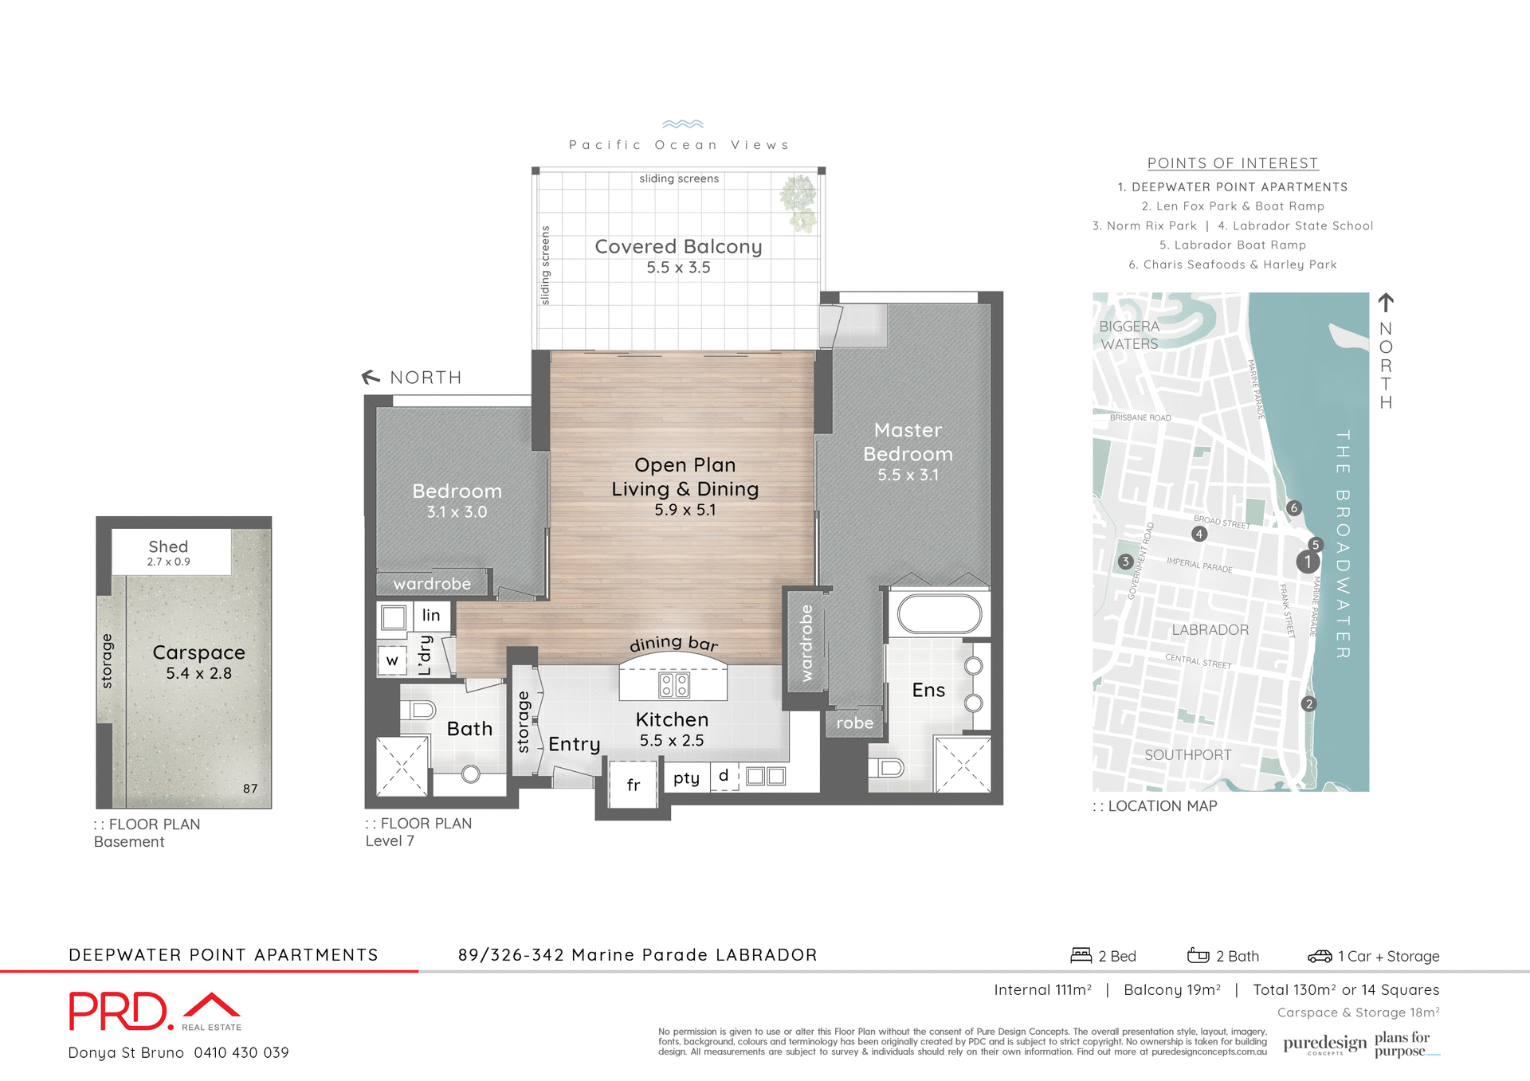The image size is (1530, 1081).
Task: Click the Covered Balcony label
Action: [678, 247]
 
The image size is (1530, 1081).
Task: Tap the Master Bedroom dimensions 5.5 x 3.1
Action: [908, 476]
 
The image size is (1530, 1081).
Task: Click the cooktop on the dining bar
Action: [674, 684]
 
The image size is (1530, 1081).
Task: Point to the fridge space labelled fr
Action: [633, 785]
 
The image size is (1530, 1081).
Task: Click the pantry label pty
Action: [686, 778]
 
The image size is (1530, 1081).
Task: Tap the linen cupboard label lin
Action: [431, 615]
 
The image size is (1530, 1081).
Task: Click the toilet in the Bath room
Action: [418, 710]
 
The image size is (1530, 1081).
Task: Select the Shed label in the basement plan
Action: [168, 546]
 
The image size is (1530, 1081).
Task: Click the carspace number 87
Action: [250, 789]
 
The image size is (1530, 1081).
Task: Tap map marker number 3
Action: [1125, 562]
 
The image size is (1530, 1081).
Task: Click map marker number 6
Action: [1294, 508]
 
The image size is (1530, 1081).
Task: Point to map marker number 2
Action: [1308, 704]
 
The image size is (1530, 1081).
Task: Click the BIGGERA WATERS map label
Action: [1129, 335]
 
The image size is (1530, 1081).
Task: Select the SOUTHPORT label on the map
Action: [1187, 755]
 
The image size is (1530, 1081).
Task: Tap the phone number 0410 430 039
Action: [241, 1053]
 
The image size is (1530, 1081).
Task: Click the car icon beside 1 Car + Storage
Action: [1320, 956]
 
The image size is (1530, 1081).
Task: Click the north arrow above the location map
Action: [1386, 303]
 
